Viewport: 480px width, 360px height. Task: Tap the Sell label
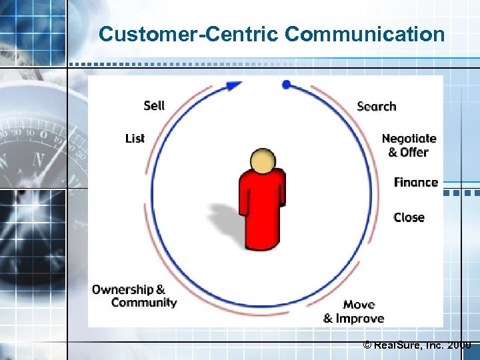[x=154, y=105]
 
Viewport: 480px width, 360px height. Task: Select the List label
[x=135, y=138]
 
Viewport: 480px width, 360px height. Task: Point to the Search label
[x=376, y=106]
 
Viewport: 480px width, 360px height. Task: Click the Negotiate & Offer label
[x=409, y=145]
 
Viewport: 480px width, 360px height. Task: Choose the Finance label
[x=415, y=182]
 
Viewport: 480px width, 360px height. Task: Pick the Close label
[x=409, y=217]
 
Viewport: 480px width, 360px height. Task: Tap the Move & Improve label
[x=354, y=311]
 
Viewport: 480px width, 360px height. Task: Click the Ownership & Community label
[x=135, y=296]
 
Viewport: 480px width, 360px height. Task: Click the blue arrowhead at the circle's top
[x=233, y=85]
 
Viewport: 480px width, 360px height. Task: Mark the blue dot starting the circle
[x=287, y=84]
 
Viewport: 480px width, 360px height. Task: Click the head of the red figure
[x=263, y=161]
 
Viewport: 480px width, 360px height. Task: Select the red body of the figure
[x=263, y=210]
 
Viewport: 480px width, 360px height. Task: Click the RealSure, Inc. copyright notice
[x=416, y=345]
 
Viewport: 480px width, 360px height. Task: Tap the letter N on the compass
[x=39, y=160]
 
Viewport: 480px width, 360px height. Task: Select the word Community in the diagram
[x=144, y=303]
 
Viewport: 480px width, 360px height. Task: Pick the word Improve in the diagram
[x=360, y=318]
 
